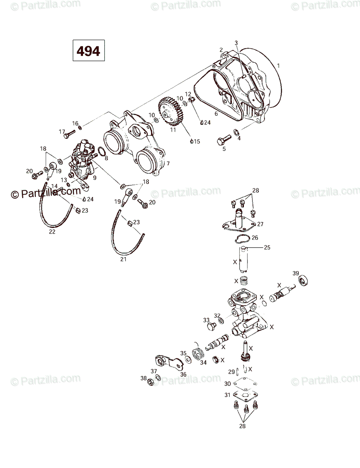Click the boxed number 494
coord(88,51)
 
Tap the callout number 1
coord(278,65)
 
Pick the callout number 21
coord(124,259)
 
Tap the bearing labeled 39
coord(303,280)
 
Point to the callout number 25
coord(267,247)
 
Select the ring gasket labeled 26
coord(240,239)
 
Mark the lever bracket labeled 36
coord(169,362)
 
